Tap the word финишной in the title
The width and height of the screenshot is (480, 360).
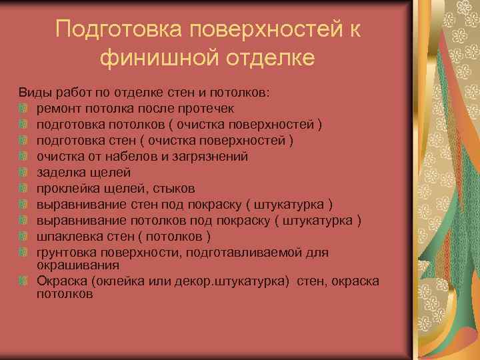coord(151,59)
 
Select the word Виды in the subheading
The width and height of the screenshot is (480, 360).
coord(32,93)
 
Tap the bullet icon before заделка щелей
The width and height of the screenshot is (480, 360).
coord(23,173)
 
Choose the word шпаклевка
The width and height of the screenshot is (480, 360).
coord(69,236)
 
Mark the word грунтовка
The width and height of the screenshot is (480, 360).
coord(67,252)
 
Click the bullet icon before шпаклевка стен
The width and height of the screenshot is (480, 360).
coord(23,237)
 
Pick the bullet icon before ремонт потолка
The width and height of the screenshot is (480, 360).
coord(23,109)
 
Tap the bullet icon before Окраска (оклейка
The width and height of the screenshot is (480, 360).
coord(23,281)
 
